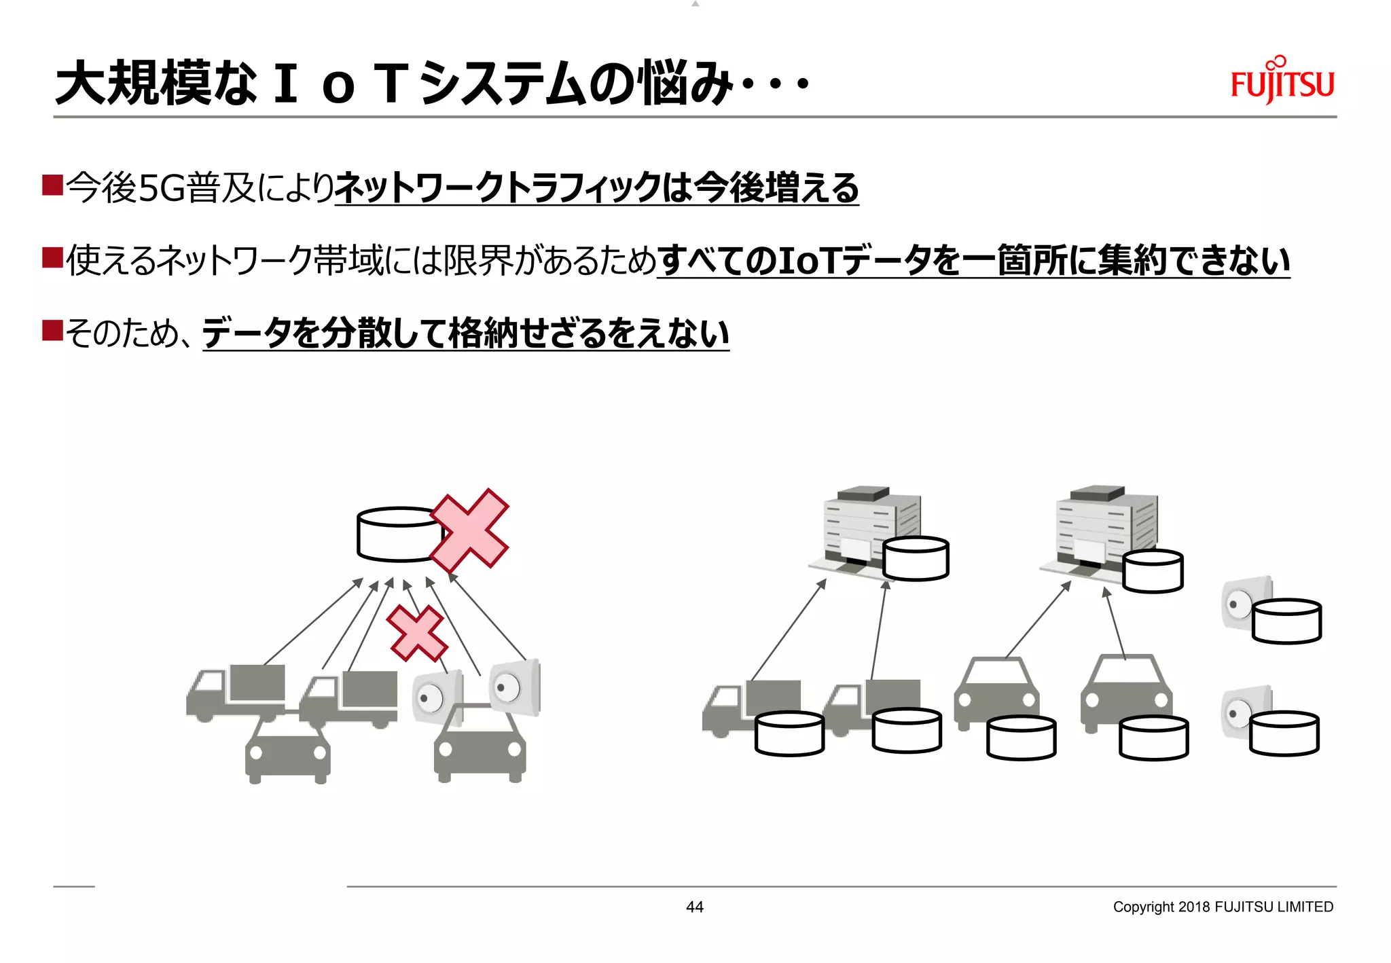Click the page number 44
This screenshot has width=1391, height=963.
694,907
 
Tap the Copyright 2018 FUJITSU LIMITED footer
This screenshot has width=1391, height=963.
1223,907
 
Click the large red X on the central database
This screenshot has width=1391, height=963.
469,530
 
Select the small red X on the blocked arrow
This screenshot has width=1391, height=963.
416,633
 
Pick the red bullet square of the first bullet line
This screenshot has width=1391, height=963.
52,185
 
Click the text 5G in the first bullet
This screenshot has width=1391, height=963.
162,188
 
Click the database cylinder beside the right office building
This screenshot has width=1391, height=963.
1153,571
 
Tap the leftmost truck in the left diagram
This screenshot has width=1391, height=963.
234,693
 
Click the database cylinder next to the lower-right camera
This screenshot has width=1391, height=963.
1284,733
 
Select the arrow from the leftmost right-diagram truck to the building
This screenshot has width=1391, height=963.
788,630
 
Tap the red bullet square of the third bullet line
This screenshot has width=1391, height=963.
52,331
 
